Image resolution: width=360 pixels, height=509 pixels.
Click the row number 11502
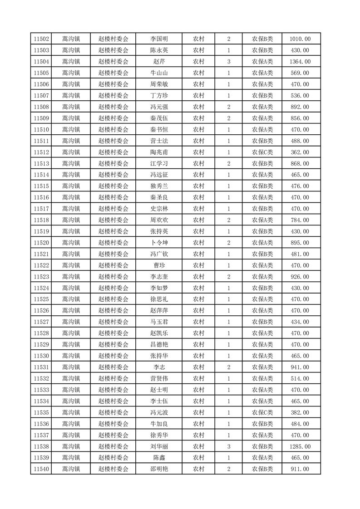pyautogui.click(x=41, y=39)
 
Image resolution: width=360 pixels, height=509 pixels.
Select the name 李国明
pyautogui.click(x=159, y=39)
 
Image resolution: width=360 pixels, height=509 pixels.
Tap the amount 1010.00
pyautogui.click(x=300, y=39)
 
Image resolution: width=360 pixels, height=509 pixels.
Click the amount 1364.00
pyautogui.click(x=300, y=62)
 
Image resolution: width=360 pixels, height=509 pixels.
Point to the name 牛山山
pyautogui.click(x=159, y=73)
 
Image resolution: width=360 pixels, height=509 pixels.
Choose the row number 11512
pyautogui.click(x=41, y=152)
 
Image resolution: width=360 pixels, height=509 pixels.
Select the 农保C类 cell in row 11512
pyautogui.click(x=262, y=152)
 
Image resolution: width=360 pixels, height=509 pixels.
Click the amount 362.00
pyautogui.click(x=300, y=152)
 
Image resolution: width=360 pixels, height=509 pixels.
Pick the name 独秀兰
pyautogui.click(x=159, y=186)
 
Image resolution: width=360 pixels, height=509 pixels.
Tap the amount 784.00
pyautogui.click(x=300, y=220)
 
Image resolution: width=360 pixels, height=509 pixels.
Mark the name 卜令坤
pyautogui.click(x=159, y=243)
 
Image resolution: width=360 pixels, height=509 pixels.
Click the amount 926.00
pyautogui.click(x=300, y=277)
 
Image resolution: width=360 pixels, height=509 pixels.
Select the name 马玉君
pyautogui.click(x=159, y=322)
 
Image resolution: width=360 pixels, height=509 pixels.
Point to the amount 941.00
pyautogui.click(x=300, y=367)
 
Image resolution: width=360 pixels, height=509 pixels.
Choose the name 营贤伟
pyautogui.click(x=159, y=378)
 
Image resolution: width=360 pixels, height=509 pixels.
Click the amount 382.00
pyautogui.click(x=300, y=412)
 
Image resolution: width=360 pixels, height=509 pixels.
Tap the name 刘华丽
pyautogui.click(x=159, y=446)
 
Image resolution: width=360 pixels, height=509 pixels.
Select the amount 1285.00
pyautogui.click(x=300, y=446)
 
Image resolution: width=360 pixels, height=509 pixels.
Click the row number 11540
pyautogui.click(x=41, y=469)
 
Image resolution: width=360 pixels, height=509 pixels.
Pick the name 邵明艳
pyautogui.click(x=159, y=469)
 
